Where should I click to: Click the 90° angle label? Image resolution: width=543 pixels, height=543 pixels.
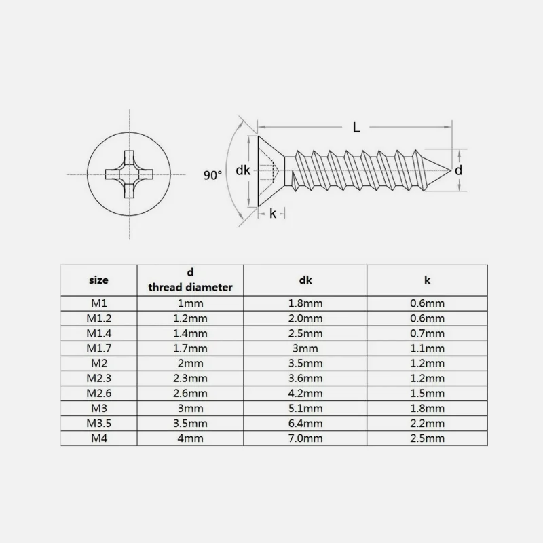coord(212,174)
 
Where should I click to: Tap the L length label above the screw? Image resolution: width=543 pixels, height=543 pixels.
coord(356,126)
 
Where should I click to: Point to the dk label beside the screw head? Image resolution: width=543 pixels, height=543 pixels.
coord(243,171)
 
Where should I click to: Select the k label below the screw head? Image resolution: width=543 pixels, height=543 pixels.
coord(272,213)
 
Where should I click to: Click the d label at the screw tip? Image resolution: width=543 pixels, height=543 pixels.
coord(458,170)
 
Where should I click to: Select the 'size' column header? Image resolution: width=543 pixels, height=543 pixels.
coord(98,280)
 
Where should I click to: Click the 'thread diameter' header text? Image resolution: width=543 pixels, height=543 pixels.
coord(190,287)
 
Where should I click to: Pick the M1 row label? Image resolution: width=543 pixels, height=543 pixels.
coord(98,303)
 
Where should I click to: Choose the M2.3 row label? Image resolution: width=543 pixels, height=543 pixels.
coord(98,378)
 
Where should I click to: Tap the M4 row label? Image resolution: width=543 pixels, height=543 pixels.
coord(98,438)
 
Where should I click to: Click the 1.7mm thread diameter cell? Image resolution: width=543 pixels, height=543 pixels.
coord(190,348)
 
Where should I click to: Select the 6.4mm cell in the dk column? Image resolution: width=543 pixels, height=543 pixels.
coord(305,424)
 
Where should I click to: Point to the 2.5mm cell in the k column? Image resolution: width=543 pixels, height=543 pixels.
coord(428,438)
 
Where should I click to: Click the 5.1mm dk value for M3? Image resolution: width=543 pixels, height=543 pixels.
coord(305,409)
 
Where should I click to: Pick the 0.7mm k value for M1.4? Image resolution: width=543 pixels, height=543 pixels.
coord(428,333)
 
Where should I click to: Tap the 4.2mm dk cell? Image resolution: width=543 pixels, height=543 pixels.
coord(305,394)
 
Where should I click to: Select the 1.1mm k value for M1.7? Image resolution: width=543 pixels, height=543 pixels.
coord(428,348)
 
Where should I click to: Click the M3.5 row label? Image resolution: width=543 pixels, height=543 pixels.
coord(98,424)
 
